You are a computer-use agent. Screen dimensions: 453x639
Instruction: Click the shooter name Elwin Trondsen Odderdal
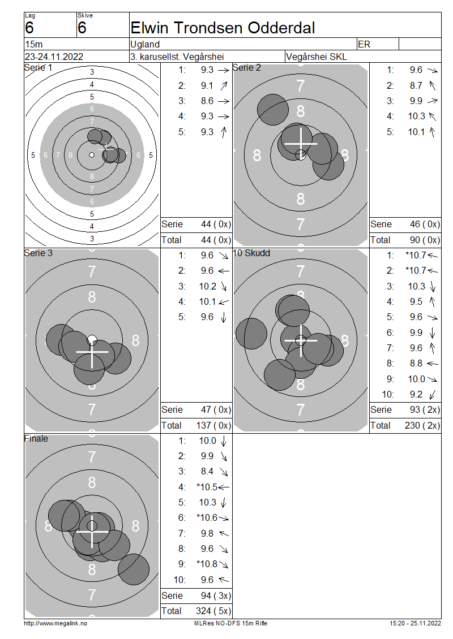coord(223,28)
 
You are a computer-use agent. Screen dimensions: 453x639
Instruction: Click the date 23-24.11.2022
coord(54,57)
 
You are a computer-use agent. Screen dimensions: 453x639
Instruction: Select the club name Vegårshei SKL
coord(317,57)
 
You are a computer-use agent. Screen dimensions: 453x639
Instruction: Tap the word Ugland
coord(145,44)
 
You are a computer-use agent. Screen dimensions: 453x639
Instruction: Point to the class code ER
coord(364,44)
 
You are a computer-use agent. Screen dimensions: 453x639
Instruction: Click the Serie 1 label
coord(38,68)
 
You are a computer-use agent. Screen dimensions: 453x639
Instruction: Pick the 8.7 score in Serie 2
coord(416,85)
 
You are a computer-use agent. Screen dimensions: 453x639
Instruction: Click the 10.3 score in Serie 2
coord(416,116)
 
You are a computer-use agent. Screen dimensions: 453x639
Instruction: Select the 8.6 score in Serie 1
coord(207,101)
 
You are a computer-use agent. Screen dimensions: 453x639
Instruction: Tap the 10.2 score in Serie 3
coord(207,287)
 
